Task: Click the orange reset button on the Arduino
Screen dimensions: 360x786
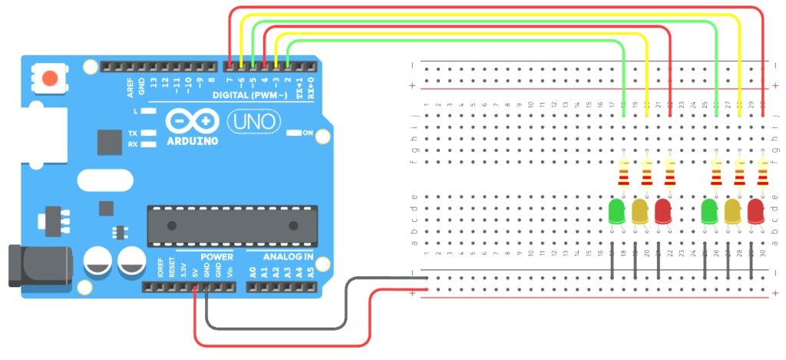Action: coord(50,78)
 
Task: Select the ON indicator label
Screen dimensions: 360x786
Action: coord(308,134)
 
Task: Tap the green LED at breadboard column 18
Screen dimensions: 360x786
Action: coord(616,211)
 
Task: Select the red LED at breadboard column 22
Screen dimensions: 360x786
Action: coord(664,211)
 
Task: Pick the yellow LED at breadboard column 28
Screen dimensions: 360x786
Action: coord(733,211)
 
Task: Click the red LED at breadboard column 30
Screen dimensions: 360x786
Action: coord(756,211)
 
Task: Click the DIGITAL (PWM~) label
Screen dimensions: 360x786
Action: coord(253,95)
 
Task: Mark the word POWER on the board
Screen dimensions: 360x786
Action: coord(216,256)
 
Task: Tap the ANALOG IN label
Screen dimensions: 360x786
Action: coord(288,256)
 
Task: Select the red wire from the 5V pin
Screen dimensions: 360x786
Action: coord(284,344)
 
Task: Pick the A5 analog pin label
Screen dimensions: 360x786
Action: coord(310,271)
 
